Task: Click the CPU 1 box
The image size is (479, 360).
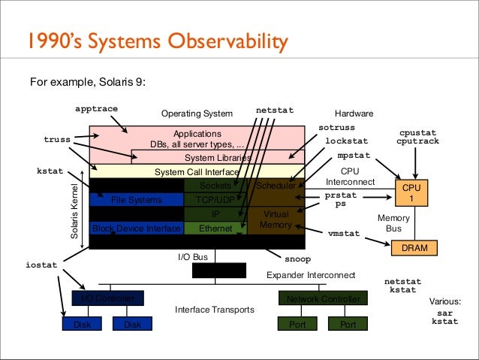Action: click(411, 193)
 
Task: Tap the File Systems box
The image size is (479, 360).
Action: click(136, 200)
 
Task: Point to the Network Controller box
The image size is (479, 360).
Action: click(324, 299)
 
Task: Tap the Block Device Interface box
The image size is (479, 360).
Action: click(136, 228)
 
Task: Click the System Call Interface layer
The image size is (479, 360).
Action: click(197, 171)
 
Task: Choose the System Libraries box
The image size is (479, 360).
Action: click(218, 158)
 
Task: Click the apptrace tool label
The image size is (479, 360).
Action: click(97, 108)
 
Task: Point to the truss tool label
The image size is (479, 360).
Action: click(57, 139)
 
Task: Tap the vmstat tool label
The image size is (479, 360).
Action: click(344, 234)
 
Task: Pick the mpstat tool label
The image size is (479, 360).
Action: click(353, 156)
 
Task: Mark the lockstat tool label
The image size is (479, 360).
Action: click(346, 141)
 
